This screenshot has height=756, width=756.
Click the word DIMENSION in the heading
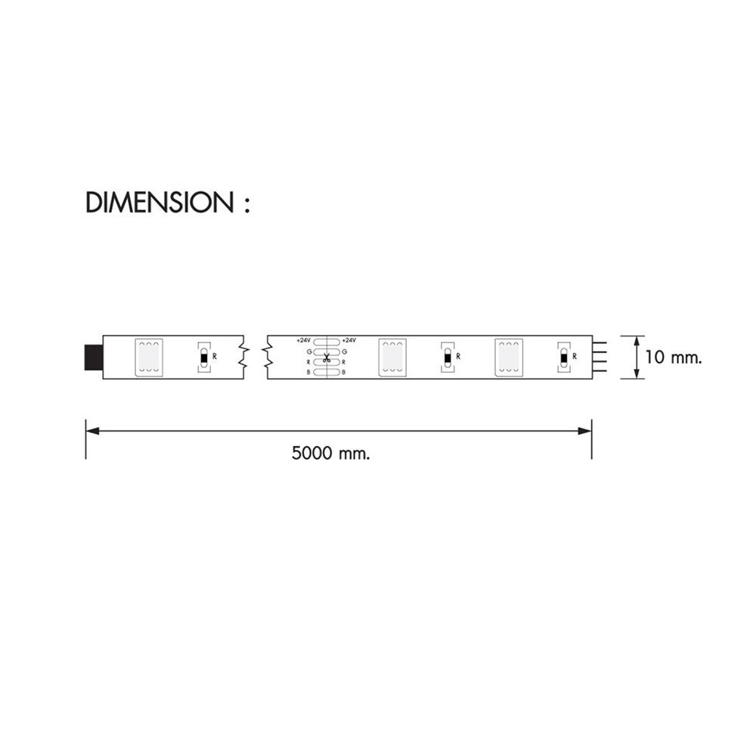click(160, 203)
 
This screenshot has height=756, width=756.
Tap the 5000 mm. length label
click(330, 454)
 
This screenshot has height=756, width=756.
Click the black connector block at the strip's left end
click(94, 356)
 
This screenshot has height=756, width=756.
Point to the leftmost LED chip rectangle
click(148, 356)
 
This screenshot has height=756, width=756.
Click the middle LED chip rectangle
click(392, 356)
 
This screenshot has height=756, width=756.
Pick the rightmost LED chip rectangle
click(508, 356)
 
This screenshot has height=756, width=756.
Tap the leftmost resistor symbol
click(203, 356)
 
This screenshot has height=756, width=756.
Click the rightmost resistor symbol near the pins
click(563, 356)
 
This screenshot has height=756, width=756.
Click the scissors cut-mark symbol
click(327, 358)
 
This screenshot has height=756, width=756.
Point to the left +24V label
click(304, 340)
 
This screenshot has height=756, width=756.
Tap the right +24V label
click(349, 340)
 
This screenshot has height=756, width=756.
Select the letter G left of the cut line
click(308, 352)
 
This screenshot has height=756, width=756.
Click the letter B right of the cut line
click(344, 372)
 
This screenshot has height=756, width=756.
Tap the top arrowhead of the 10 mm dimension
click(637, 340)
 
